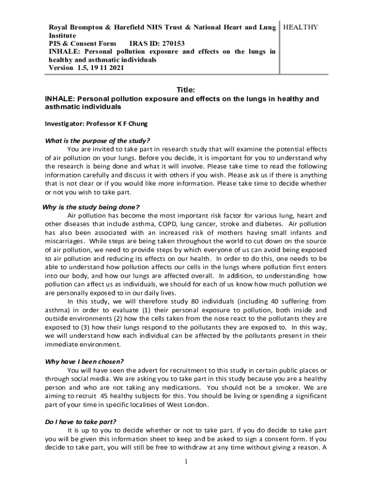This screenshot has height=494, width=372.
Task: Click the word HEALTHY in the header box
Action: point(300,27)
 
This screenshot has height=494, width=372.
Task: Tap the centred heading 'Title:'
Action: point(186,90)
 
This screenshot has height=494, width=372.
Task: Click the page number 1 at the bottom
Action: point(186,462)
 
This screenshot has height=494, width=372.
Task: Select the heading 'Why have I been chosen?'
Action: point(85,361)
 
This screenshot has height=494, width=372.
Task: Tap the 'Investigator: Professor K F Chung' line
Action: point(96,123)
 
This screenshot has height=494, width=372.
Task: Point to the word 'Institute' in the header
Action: point(62,36)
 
